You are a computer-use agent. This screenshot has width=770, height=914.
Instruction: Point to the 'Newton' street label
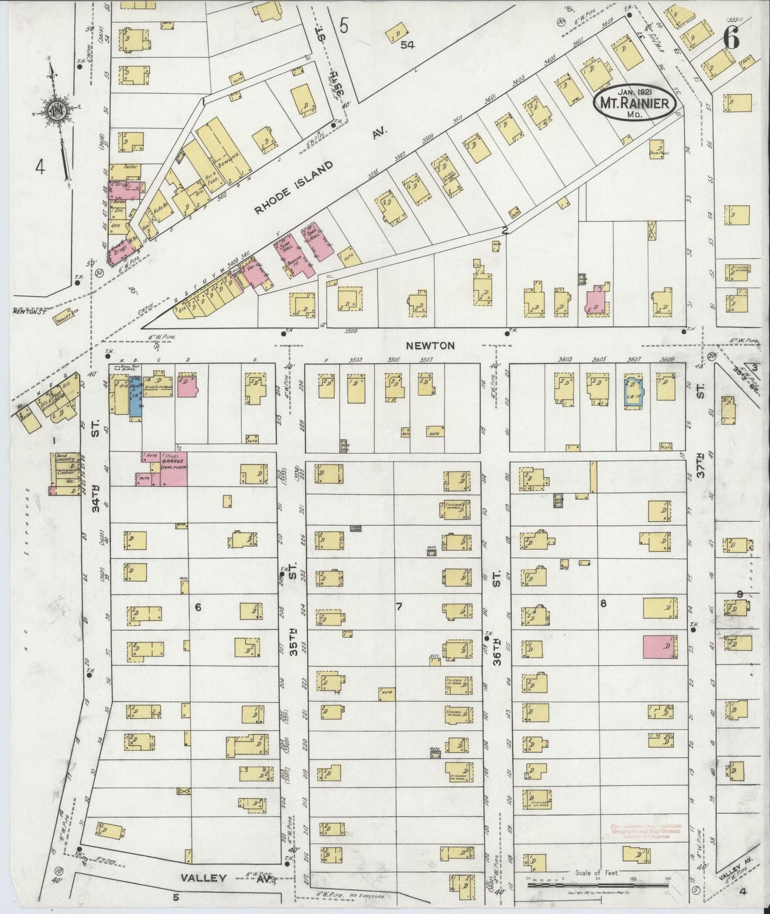[423, 346]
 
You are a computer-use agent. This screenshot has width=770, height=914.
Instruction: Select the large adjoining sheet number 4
[39, 168]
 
